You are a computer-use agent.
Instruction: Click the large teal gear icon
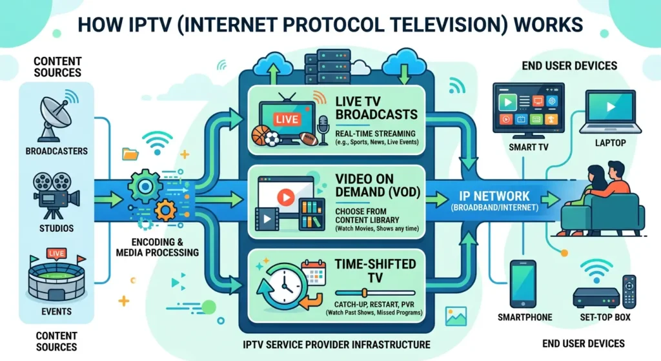pyautogui.click(x=147, y=185)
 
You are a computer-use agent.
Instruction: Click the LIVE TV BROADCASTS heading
pyautogui.click(x=376, y=108)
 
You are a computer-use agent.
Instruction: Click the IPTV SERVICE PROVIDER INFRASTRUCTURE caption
pyautogui.click(x=338, y=344)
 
